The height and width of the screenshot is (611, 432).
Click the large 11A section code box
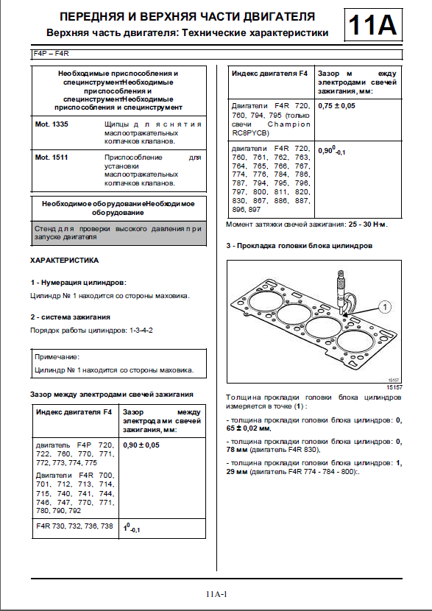coord(373,25)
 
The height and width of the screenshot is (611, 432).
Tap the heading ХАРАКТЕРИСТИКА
coord(64,261)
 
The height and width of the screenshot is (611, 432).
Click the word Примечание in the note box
coord(57,357)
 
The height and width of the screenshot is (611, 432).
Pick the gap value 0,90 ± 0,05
coord(141,445)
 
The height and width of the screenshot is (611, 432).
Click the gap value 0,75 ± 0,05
coord(337,105)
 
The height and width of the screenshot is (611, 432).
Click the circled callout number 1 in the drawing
coord(385,308)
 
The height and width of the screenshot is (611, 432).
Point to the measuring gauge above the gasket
coord(341,292)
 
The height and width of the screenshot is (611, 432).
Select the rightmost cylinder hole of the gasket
coord(353,342)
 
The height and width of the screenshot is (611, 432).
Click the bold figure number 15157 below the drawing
coord(394,387)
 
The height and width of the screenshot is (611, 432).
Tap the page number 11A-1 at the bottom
coord(217,595)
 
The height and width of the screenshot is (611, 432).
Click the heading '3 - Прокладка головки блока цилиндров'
coord(300,246)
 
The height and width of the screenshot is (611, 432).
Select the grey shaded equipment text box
coord(119,233)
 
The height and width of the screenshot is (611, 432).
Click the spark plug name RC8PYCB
coord(247,134)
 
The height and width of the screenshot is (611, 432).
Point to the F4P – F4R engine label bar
coord(217,54)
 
